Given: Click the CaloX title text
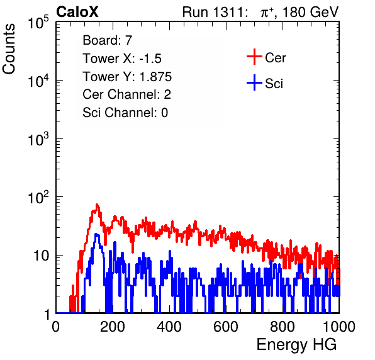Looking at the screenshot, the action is click(77, 12).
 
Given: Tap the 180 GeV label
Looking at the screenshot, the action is click(311, 12).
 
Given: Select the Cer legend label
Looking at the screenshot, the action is click(275, 58).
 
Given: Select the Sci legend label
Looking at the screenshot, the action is click(274, 84).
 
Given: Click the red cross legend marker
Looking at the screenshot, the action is click(254, 57).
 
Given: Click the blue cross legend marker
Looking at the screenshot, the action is click(254, 82).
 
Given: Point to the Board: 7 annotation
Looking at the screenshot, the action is click(108, 40).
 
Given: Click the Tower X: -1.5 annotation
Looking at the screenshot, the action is click(122, 59).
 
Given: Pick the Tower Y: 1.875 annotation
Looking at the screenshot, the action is click(127, 77).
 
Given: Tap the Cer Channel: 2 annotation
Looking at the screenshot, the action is click(126, 94).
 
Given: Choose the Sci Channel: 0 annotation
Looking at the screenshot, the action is click(125, 113).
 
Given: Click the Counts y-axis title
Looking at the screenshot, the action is click(9, 49).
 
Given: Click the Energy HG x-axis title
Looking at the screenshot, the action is click(296, 345).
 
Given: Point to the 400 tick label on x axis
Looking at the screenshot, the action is click(169, 326).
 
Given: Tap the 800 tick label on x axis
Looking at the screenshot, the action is click(283, 326).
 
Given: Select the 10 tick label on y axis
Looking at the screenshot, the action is click(42, 256).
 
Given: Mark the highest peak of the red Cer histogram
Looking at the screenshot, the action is click(97, 205).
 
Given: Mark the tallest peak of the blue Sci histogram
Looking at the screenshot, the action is click(96, 234).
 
